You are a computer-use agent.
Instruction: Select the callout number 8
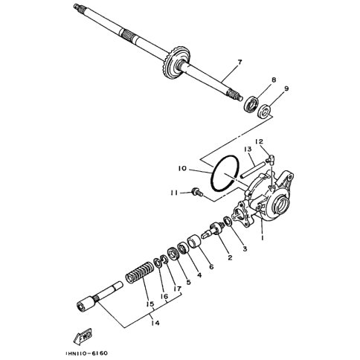[x=274, y=80]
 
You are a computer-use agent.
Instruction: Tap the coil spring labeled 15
[x=140, y=278]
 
